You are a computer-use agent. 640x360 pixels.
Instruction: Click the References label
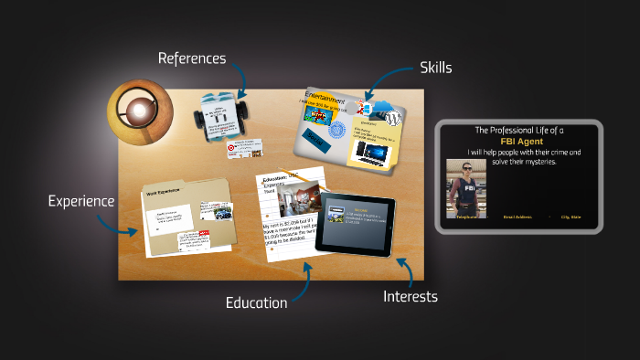click(191, 58)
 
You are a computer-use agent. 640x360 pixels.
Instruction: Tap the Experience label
click(81, 201)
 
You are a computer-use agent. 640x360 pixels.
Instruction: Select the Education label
click(257, 302)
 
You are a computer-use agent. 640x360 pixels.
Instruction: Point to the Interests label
click(410, 296)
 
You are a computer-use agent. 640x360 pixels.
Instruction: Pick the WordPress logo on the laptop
click(394, 119)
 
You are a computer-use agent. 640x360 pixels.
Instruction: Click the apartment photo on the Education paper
click(304, 199)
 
